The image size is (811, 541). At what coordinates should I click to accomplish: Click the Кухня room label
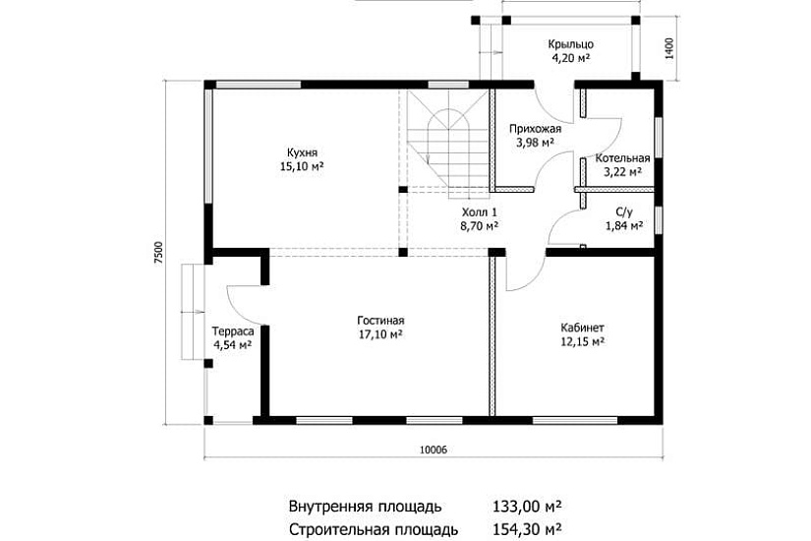[302, 152]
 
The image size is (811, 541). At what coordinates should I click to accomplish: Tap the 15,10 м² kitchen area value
[302, 167]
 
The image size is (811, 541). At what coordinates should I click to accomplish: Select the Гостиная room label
[380, 320]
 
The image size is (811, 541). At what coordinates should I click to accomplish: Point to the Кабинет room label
[582, 327]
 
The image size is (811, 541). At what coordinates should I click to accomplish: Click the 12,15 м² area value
[582, 341]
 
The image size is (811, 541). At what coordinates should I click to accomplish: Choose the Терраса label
[233, 331]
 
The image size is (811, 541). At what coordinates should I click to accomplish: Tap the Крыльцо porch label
[570, 43]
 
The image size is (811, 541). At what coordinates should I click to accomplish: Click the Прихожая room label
[535, 128]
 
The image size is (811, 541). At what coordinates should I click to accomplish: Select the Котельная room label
[622, 157]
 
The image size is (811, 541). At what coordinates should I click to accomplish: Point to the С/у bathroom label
[623, 210]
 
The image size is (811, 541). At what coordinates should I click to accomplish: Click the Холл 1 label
[479, 210]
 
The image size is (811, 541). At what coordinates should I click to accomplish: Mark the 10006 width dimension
[433, 450]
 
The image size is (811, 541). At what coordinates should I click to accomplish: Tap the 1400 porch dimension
[668, 47]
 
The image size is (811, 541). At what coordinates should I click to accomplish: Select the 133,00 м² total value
[526, 507]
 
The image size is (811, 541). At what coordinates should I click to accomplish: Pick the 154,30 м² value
[526, 528]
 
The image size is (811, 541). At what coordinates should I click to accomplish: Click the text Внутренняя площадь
[365, 507]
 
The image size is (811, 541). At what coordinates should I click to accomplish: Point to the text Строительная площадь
[365, 528]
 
